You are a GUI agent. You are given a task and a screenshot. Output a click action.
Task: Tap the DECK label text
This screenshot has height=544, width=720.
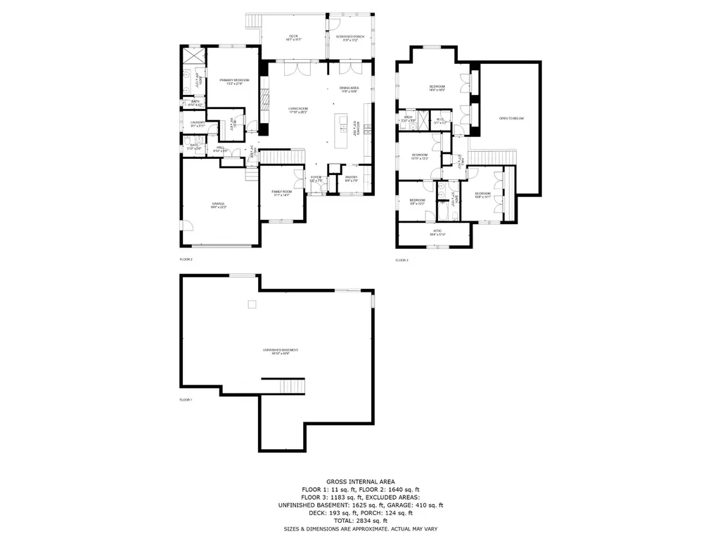tap(293, 37)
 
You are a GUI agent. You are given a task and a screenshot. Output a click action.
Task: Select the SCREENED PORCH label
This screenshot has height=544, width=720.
tap(349, 37)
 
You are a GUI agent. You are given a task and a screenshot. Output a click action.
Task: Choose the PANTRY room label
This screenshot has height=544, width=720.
tap(351, 179)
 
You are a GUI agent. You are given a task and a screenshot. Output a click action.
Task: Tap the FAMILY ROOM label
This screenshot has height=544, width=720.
tap(281, 193)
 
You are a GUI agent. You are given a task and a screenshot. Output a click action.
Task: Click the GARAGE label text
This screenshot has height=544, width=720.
tap(219, 205)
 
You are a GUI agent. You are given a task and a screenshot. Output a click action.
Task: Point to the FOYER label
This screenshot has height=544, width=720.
tap(316, 179)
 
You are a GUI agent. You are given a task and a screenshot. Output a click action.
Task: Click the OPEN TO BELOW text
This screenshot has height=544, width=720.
tap(511, 118)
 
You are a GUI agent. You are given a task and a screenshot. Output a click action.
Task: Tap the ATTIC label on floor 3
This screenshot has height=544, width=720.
tap(437, 232)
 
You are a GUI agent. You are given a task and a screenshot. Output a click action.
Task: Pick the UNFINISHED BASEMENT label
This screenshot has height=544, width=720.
tap(281, 351)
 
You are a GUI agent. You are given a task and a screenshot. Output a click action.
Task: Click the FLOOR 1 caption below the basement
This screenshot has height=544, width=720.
tap(186, 399)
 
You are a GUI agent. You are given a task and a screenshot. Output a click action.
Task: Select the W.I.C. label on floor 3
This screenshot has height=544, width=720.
tap(441, 120)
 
